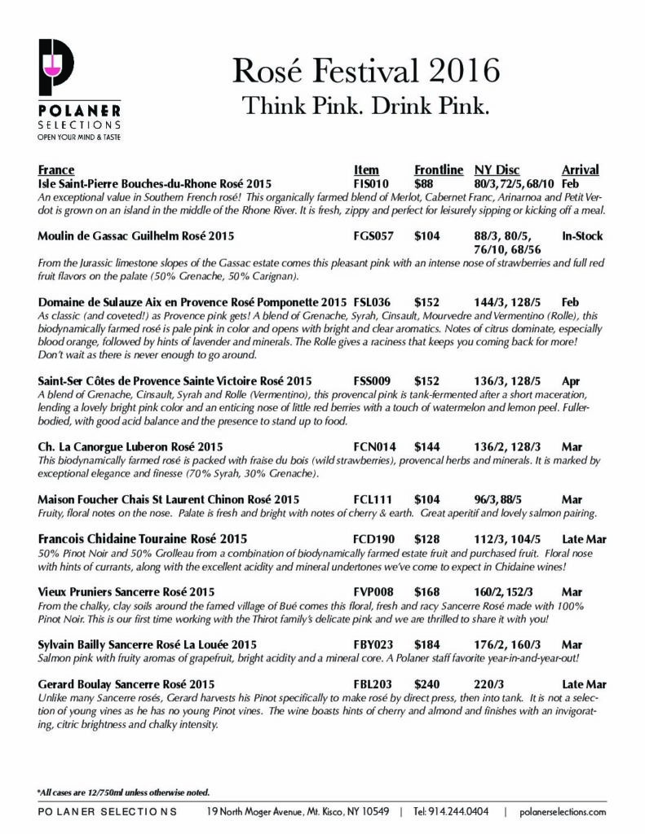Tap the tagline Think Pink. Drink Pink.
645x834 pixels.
pos(366,107)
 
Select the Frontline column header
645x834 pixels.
pos(438,170)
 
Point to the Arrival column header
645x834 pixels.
pos(581,170)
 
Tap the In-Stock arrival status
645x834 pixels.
pos(582,236)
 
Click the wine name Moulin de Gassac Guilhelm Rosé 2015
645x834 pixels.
pos(136,236)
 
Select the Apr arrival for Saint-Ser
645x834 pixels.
pos(571,380)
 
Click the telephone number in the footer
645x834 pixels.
pos(453,812)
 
